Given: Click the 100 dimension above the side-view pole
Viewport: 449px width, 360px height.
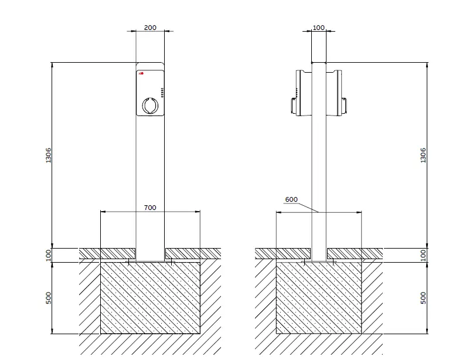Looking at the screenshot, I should [319, 28].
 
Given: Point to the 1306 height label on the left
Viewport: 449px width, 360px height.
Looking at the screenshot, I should [49, 155].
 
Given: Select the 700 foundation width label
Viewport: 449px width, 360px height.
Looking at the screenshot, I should [150, 208].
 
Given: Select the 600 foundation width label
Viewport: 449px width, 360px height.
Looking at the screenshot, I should [291, 199].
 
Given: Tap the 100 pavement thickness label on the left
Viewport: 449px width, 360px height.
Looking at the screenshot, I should [49, 255].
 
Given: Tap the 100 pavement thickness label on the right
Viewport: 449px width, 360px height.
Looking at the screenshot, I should [423, 255].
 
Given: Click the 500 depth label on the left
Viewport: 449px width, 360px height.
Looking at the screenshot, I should [49, 298].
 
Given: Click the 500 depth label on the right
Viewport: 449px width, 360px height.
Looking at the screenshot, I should [423, 298].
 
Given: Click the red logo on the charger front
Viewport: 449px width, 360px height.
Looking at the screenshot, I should [141, 74].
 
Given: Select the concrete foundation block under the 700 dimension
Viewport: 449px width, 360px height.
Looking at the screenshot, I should [150, 298].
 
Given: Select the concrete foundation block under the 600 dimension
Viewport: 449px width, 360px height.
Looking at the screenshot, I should [318, 298].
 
